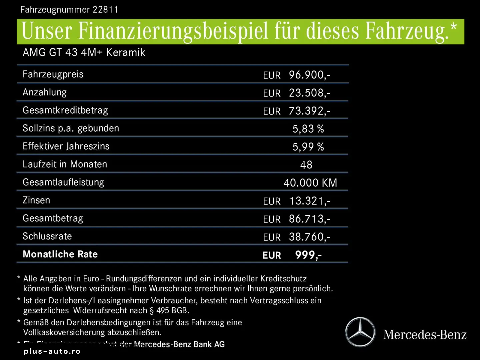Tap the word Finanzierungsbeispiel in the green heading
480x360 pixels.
click(173, 31)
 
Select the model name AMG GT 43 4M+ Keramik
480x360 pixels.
click(84, 53)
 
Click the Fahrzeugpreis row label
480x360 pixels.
click(53, 74)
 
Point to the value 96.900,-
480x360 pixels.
click(309, 75)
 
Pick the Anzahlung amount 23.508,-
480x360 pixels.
click(309, 93)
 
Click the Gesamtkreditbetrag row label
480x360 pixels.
click(65, 110)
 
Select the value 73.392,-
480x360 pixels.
click(309, 111)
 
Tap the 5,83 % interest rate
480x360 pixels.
click(308, 129)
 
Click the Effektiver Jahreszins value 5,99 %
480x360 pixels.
click(308, 147)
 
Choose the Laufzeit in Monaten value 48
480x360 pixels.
click(306, 165)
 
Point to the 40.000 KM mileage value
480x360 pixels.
click(310, 183)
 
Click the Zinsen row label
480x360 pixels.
click(36, 200)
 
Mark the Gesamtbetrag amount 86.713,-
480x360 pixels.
click(309, 219)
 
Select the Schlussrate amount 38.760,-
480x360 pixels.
click(309, 237)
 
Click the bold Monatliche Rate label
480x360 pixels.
click(60, 254)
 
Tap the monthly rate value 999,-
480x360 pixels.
click(308, 255)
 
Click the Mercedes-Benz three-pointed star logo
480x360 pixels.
click(360, 332)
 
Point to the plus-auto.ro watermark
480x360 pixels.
click(52, 351)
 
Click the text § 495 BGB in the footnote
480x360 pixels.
click(169, 311)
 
